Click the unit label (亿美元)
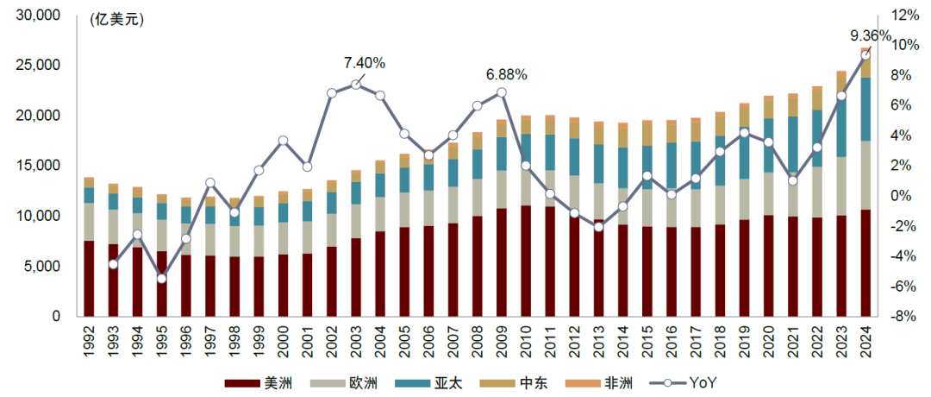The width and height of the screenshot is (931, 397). point(116,20)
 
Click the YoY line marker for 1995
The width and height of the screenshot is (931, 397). point(161,278)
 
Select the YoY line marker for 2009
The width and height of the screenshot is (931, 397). point(501,92)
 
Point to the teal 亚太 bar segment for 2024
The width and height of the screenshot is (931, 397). point(865,109)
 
